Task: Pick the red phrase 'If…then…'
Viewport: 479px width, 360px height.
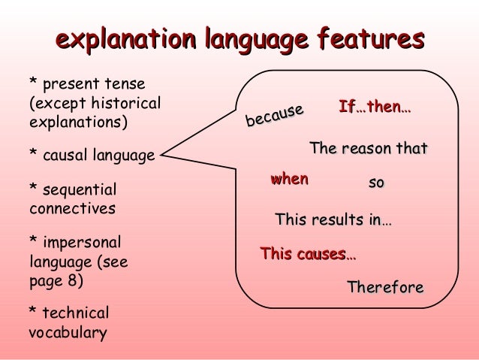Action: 375,107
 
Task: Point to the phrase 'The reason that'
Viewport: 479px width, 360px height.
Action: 368,149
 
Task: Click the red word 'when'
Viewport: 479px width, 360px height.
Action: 289,179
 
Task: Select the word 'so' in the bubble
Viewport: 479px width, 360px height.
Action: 376,182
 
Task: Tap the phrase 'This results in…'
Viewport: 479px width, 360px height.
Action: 333,220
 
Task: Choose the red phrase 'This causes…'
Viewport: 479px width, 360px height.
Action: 308,254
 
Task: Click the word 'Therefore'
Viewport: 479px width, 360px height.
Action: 385,287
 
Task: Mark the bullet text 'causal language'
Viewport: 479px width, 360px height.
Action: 98,156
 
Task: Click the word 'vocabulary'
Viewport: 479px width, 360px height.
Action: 68,332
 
